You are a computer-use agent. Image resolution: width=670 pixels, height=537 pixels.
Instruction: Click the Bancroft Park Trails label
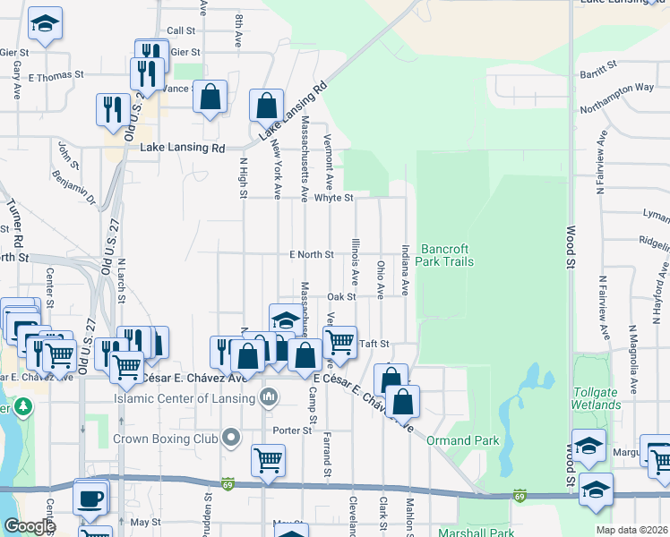click(x=447, y=255)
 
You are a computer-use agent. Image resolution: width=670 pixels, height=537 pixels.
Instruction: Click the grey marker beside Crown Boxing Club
click(x=232, y=439)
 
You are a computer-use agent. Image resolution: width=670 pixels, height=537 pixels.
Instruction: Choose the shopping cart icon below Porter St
click(x=268, y=461)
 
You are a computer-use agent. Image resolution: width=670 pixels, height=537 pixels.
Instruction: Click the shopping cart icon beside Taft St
click(x=339, y=341)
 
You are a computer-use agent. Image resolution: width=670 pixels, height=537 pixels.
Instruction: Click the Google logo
click(x=30, y=526)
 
